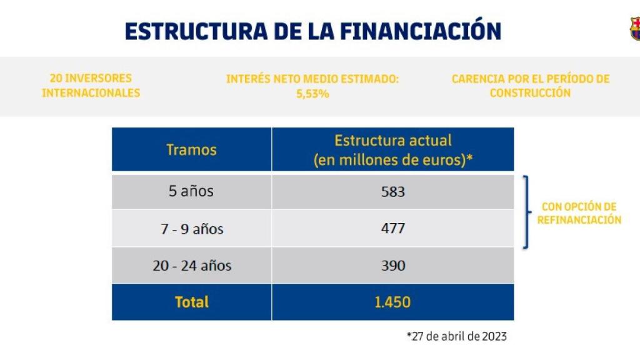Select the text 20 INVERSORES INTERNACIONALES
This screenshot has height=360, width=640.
[x=91, y=86]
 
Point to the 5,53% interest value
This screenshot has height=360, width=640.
[x=312, y=94]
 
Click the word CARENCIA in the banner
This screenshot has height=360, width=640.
[x=477, y=79]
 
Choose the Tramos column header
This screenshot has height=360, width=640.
[x=191, y=150]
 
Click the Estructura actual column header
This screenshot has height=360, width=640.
[x=392, y=150]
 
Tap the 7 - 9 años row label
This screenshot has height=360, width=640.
[x=191, y=229]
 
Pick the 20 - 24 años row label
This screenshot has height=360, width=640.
[x=191, y=266]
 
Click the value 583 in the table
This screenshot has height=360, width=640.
[x=392, y=192]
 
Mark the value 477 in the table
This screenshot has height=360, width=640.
[x=392, y=229]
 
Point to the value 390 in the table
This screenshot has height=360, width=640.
[x=392, y=266]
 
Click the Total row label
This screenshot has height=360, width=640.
[x=191, y=302]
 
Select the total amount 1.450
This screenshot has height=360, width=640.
[x=392, y=302]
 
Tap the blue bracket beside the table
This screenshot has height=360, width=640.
[x=526, y=212]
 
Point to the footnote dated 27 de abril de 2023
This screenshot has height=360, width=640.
[x=456, y=336]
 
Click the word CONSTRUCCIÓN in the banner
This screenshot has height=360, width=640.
[x=530, y=93]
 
